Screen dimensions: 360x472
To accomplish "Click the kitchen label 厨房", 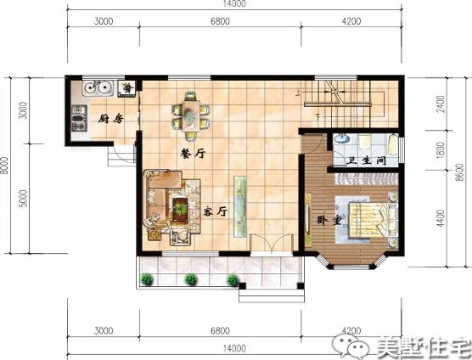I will tap(110, 119).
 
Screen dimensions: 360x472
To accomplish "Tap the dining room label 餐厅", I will tap(194, 155).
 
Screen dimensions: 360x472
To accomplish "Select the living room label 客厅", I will tap(216, 211).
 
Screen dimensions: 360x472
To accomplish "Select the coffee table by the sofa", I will tap(181, 205).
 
